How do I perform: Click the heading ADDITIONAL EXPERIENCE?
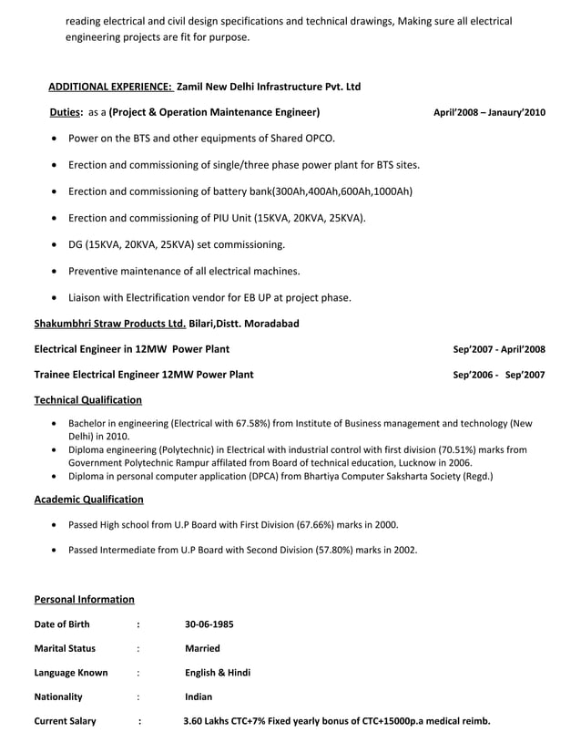[x=109, y=87]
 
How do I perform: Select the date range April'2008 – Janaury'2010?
[x=489, y=113]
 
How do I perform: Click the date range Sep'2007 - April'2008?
[x=499, y=349]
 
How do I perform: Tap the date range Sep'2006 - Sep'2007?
[x=499, y=375]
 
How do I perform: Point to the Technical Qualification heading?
[x=87, y=399]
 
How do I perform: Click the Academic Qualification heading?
[x=88, y=500]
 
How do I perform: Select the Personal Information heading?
[x=84, y=599]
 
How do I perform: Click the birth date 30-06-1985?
[x=209, y=624]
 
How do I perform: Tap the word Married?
[x=201, y=649]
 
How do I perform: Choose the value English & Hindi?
[x=218, y=673]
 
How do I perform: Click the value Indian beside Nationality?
[x=199, y=696]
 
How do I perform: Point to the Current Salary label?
[x=65, y=721]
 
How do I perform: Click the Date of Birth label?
[x=61, y=624]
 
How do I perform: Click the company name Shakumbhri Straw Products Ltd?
[x=110, y=324]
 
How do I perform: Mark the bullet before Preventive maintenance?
[x=56, y=272]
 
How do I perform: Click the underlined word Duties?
[x=66, y=113]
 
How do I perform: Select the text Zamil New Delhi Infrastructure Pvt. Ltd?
[x=268, y=87]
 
